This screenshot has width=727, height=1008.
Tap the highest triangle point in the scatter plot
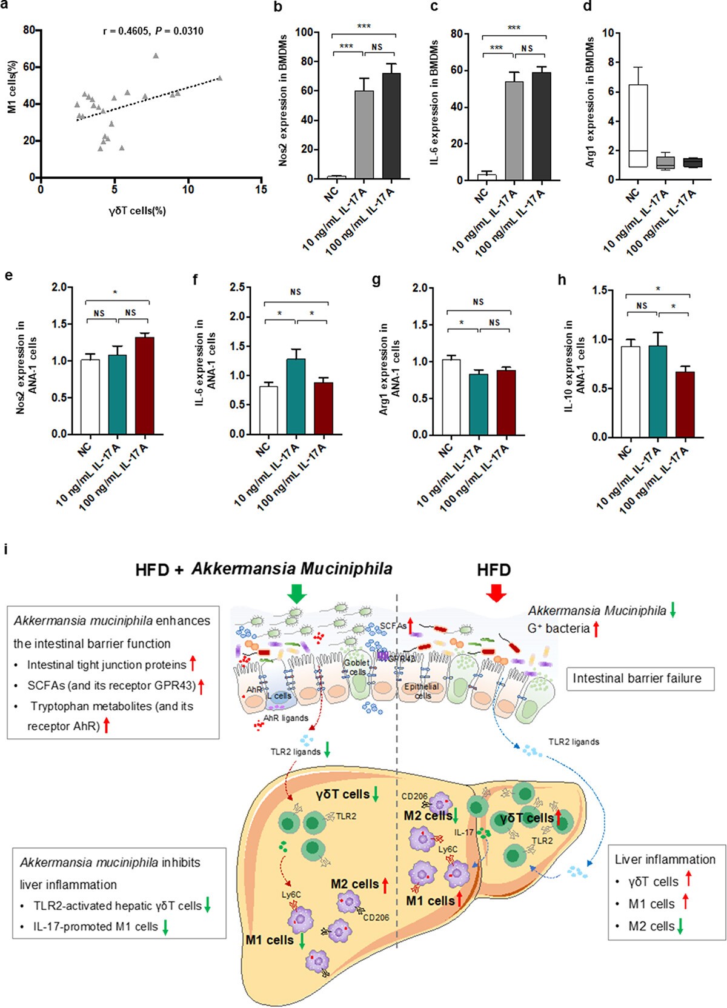click(x=156, y=56)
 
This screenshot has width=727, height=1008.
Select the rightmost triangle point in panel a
click(x=220, y=78)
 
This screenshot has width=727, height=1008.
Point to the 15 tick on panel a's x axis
click(x=261, y=189)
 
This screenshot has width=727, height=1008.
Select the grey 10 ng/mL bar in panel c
click(x=514, y=131)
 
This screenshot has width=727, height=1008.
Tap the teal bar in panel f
click(x=295, y=396)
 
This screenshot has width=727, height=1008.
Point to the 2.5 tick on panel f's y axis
click(x=237, y=287)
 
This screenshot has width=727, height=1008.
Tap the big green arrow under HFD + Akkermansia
click(x=296, y=592)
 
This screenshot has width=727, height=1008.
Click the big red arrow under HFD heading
click(x=496, y=592)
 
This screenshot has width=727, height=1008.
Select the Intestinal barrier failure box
click(x=637, y=678)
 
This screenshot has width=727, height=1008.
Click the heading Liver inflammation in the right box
click(x=665, y=859)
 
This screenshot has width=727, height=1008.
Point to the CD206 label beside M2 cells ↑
click(x=376, y=917)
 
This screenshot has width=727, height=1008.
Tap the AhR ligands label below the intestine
click(x=285, y=718)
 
